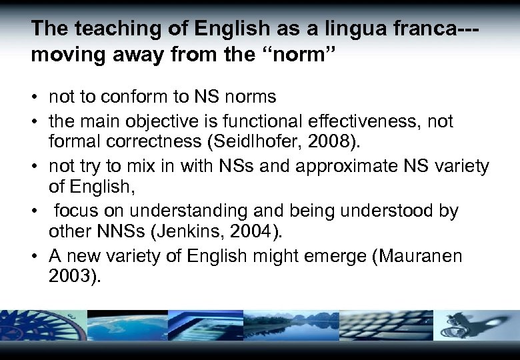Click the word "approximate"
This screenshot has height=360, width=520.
349,166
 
